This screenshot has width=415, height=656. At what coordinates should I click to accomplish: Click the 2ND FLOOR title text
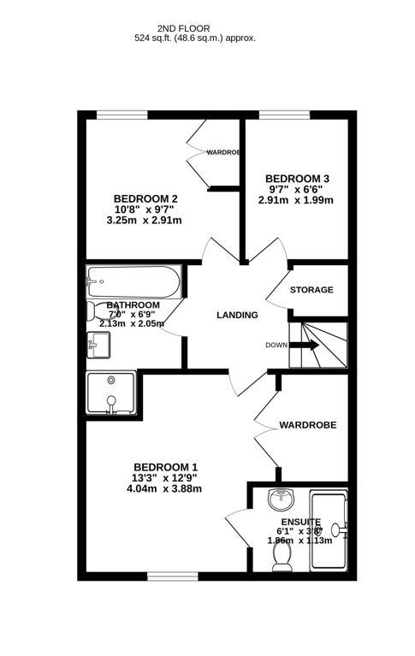(195, 27)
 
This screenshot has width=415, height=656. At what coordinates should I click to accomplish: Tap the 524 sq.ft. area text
(195, 38)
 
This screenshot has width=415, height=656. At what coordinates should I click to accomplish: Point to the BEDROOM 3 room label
(295, 178)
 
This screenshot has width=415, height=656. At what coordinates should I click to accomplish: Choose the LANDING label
(237, 315)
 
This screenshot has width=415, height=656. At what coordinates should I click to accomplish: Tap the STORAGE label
(311, 290)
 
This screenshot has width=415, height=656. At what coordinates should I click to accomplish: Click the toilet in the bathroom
(100, 311)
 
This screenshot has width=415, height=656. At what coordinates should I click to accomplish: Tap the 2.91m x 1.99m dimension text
(295, 200)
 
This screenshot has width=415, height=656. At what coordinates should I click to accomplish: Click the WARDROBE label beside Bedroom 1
(307, 424)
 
